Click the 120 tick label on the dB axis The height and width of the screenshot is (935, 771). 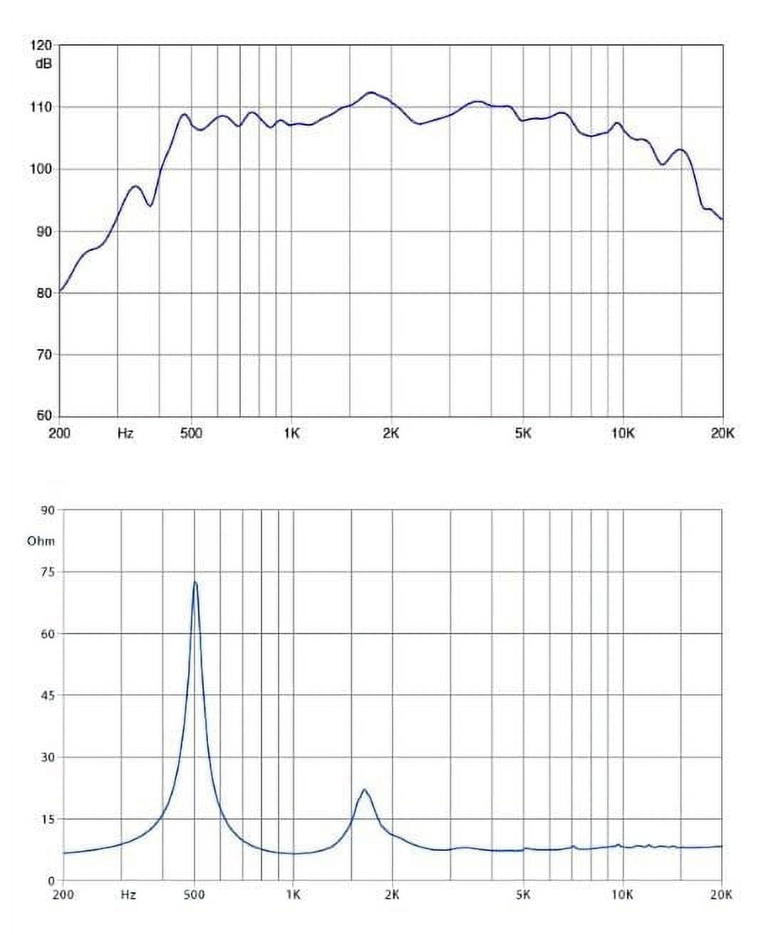coord(41,45)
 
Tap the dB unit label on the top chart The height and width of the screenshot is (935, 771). coord(43,63)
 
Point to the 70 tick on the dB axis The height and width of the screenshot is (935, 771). coord(43,355)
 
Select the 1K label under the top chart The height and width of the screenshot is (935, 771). coord(291,433)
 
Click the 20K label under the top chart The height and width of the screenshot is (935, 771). coord(722,433)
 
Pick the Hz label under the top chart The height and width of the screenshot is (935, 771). coord(125,433)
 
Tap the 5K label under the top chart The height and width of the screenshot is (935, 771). coord(523,433)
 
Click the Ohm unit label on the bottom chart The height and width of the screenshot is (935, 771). coord(41,541)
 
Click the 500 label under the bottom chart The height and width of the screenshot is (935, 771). coord(194,895)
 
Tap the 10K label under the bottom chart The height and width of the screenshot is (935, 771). coord(623,895)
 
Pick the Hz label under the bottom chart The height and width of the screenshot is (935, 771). coord(128,895)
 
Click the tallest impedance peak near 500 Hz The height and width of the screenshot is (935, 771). coord(195,583)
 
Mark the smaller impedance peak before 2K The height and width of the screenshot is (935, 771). coord(364,790)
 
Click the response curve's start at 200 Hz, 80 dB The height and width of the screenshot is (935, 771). coord(61,290)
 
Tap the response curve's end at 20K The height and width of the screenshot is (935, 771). coord(722,219)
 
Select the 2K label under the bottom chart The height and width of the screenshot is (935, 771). coord(392,895)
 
